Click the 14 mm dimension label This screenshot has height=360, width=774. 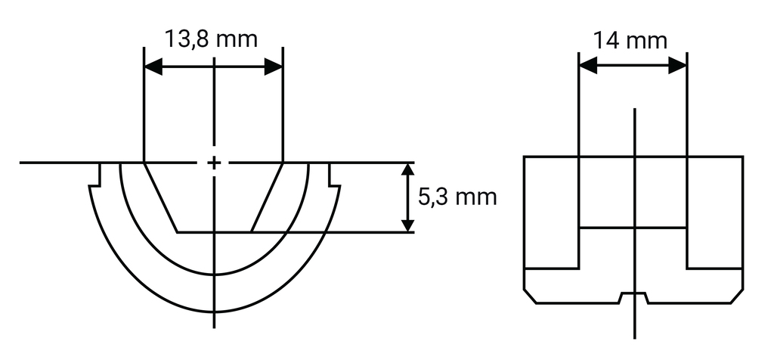click(x=630, y=39)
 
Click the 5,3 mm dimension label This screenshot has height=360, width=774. click(x=457, y=197)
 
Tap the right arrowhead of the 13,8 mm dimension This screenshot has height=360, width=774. click(x=274, y=67)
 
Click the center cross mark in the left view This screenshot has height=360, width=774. click(x=215, y=163)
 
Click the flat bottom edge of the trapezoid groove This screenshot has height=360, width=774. click(x=214, y=231)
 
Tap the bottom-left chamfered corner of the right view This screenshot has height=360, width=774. click(x=530, y=296)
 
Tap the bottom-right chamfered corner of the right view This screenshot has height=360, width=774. click(x=737, y=296)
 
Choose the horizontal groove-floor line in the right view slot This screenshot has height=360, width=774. click(x=633, y=228)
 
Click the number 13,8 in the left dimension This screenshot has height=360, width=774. click(x=192, y=39)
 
